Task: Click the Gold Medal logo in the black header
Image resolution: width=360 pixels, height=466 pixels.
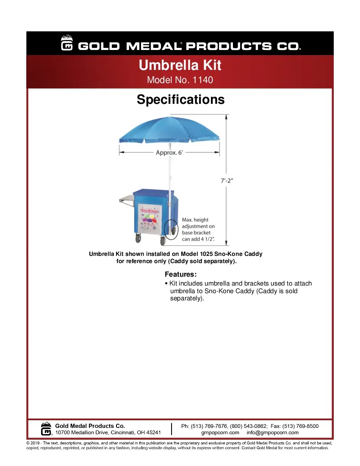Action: [67, 44]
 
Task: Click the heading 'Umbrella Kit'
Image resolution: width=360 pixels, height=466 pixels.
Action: [180, 66]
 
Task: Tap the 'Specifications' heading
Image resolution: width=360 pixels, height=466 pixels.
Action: [180, 100]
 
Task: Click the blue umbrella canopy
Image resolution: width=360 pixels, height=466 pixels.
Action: [169, 130]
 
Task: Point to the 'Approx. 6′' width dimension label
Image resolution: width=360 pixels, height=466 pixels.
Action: [169, 153]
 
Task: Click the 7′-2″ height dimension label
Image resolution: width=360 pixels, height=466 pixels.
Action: [227, 180]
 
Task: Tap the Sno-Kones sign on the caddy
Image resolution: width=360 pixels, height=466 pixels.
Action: [149, 210]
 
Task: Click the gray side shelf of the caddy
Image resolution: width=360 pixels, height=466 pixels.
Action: [126, 198]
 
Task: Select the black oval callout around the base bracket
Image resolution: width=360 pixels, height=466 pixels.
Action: [172, 230]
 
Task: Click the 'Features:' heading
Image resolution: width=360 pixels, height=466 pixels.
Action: [181, 275]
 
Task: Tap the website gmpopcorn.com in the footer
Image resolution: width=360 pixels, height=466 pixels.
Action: [220, 433]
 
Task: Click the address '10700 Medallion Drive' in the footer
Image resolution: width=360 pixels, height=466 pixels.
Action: [83, 433]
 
